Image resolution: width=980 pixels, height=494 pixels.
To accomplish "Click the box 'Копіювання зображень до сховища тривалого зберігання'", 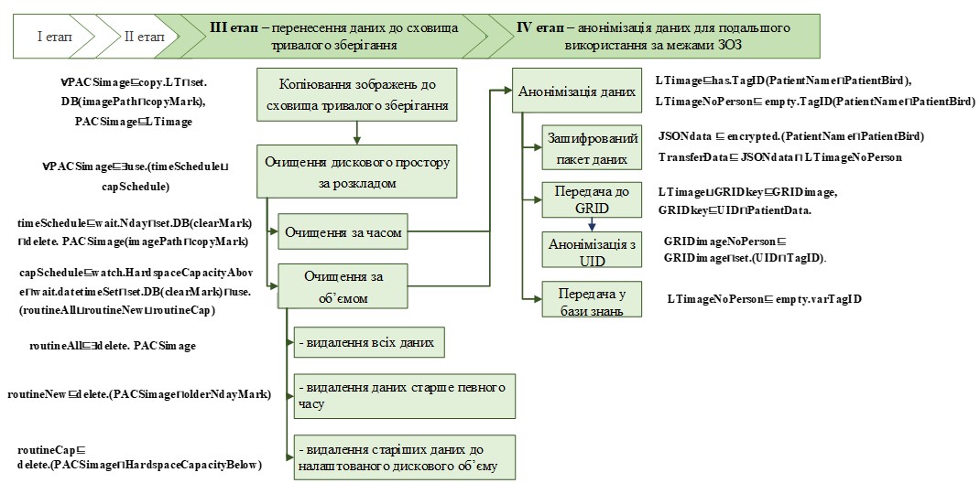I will click(x=355, y=95).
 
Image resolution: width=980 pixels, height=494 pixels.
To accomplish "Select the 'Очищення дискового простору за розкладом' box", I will click(x=355, y=171).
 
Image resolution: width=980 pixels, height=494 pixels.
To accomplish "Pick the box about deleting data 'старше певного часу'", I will click(x=403, y=396).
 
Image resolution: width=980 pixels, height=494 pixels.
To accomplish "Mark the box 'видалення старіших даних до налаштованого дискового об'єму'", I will click(x=403, y=457).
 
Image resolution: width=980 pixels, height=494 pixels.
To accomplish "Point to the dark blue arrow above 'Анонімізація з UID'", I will click(x=591, y=224).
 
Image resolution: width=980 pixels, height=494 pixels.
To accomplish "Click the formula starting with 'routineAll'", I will click(x=112, y=347).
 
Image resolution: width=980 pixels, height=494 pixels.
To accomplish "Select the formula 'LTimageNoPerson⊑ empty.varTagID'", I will click(x=764, y=299).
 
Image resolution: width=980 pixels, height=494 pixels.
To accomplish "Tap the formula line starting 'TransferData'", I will click(x=779, y=157).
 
